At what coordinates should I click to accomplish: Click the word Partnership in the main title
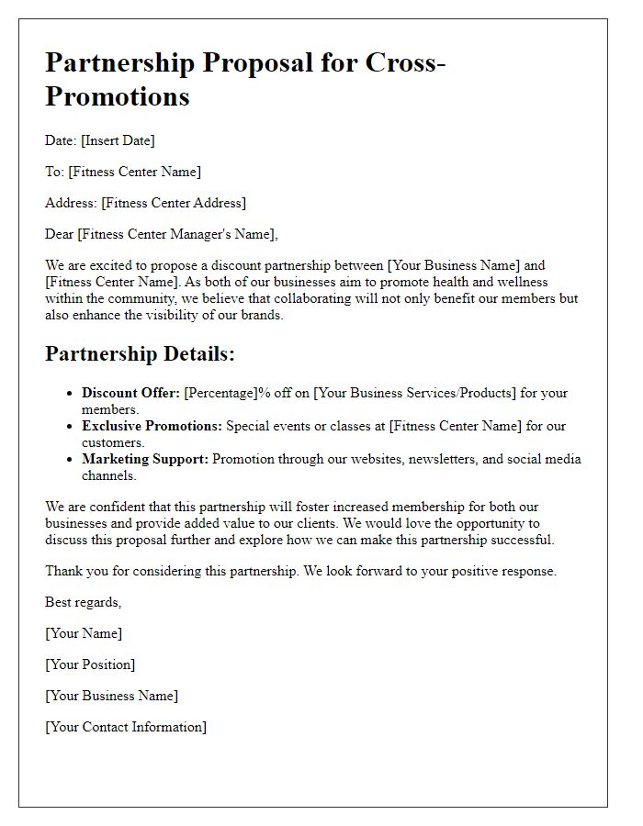[120, 63]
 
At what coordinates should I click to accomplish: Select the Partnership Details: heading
[141, 354]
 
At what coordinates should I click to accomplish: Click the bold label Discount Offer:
[130, 393]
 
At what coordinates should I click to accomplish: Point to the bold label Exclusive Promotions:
[152, 426]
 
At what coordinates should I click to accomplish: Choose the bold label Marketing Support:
[145, 459]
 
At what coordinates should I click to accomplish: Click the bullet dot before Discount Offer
[70, 394]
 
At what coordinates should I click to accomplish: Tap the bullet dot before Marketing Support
[70, 460]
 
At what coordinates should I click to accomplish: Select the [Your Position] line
[90, 664]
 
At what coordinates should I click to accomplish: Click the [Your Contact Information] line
[126, 727]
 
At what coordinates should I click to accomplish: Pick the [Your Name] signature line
[84, 633]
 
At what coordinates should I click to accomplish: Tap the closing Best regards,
[84, 602]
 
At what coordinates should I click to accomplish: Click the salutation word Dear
[60, 234]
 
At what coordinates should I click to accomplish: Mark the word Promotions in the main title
[118, 95]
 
